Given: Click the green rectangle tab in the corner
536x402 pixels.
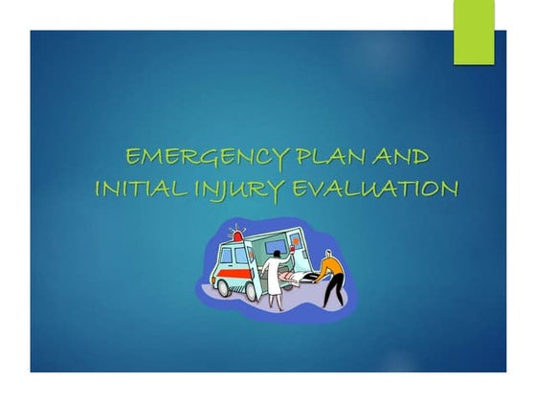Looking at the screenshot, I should pos(474,33).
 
